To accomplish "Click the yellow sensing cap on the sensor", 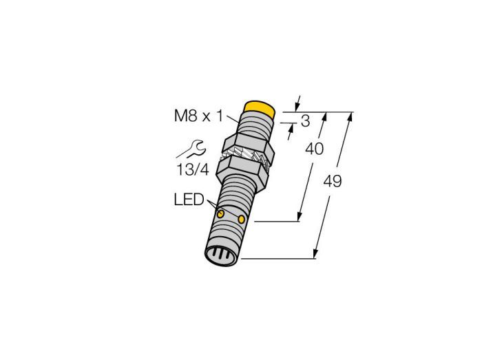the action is tap(259, 109).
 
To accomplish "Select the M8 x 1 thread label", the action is tap(198, 116).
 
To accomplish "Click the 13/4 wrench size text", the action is tap(193, 169).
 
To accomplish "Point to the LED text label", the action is tap(189, 200).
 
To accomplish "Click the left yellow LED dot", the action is tap(220, 214).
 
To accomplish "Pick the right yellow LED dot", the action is tap(242, 219).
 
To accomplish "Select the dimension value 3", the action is tap(305, 121).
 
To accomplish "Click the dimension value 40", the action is tap(314, 149).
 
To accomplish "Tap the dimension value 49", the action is tap(333, 181).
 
